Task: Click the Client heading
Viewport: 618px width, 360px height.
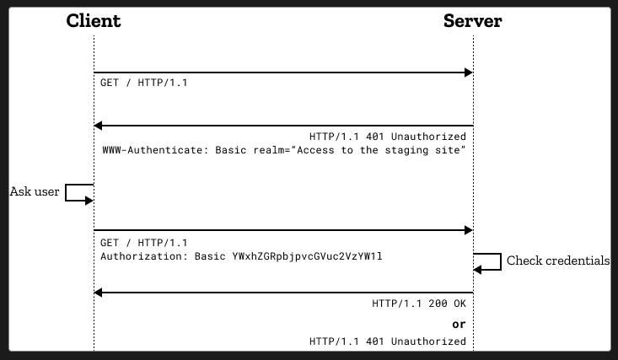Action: (94, 20)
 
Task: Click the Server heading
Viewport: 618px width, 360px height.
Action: (473, 20)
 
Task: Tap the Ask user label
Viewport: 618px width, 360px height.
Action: (35, 191)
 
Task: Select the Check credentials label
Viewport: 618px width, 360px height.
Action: (558, 261)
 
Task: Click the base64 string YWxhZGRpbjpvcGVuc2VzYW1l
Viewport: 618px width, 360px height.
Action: (308, 256)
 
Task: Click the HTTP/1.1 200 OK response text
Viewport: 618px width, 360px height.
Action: (419, 304)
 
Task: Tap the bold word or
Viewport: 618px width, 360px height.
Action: (459, 325)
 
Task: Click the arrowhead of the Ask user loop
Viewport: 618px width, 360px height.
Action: (89, 201)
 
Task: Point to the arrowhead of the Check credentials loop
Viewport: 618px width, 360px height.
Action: (477, 270)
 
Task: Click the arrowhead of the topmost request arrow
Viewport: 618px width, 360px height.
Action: (469, 73)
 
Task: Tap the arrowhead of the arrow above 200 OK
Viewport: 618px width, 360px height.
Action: (98, 293)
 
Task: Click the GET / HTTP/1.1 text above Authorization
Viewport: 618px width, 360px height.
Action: (144, 243)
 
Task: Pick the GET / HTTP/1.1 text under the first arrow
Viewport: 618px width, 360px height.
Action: (144, 83)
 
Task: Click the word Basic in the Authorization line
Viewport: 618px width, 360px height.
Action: (210, 256)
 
